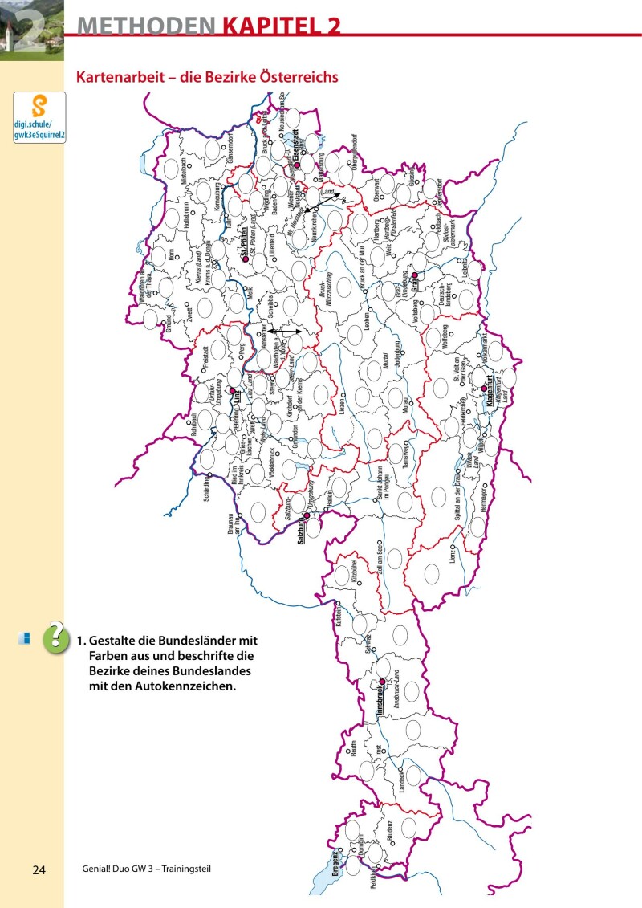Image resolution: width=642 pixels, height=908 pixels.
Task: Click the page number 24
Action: click(40, 870)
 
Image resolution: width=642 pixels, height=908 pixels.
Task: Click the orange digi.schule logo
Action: click(39, 106)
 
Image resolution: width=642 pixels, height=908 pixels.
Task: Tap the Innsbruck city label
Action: click(379, 697)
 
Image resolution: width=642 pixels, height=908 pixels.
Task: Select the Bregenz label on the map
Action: click(338, 860)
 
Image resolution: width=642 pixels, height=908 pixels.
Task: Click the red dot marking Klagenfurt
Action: click(484, 389)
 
